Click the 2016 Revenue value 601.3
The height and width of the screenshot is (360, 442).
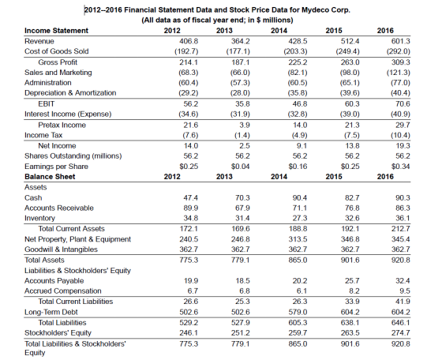(401, 41)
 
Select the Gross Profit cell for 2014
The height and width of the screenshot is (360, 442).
(298, 62)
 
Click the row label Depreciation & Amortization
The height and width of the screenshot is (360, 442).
(70, 92)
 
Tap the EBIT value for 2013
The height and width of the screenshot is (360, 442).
(243, 104)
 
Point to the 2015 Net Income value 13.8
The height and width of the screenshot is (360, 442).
(352, 146)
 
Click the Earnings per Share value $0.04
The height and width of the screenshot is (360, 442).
(241, 167)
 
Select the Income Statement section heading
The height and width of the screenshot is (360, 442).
(56, 31)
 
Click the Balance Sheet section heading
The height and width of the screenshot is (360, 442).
(50, 177)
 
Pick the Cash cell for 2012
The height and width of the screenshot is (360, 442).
(191, 198)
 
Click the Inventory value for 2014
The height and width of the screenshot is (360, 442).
(300, 218)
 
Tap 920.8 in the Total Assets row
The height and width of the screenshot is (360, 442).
(401, 260)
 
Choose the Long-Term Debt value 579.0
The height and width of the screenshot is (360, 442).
(298, 312)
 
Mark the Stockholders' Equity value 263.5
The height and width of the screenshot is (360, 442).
(350, 333)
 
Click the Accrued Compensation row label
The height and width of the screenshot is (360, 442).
(63, 291)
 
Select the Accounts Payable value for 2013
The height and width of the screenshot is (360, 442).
(243, 281)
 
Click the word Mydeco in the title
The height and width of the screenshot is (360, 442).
(316, 10)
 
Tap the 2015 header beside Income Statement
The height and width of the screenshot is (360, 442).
(334, 31)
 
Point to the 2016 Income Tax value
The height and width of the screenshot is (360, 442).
(400, 135)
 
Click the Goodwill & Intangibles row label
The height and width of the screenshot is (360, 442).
(61, 249)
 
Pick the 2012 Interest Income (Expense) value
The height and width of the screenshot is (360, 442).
(189, 114)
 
